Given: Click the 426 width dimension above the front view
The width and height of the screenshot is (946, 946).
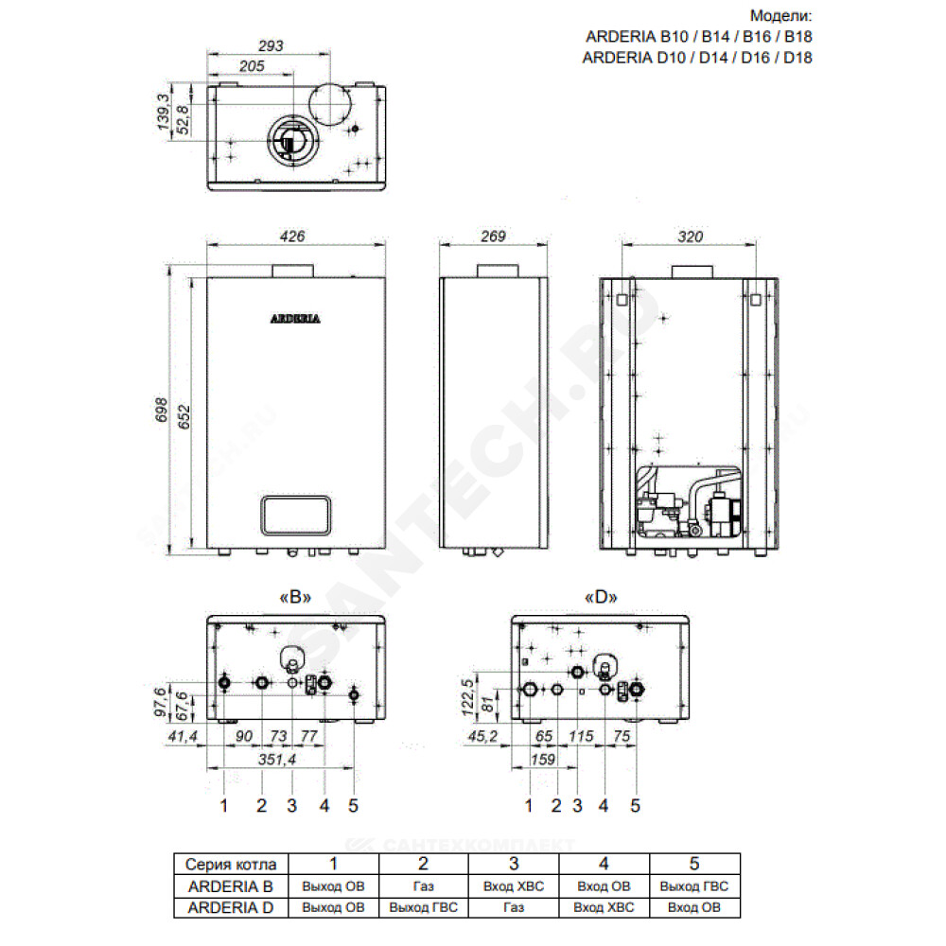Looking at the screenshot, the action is point(292,236).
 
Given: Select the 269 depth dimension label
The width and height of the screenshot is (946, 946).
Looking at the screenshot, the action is point(493,236).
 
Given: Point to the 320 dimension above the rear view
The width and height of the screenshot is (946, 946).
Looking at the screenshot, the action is point(690,236).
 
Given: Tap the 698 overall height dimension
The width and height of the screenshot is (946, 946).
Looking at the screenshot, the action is point(161,410).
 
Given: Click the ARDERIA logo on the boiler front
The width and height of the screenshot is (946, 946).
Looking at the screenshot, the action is point(295,319).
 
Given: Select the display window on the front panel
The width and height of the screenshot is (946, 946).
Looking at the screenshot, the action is point(295,516).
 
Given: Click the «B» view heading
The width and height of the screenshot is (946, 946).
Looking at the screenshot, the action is point(295,597).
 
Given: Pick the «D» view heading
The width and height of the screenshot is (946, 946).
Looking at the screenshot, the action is point(601,597).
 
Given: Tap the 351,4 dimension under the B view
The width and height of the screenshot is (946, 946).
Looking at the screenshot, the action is point(277,759).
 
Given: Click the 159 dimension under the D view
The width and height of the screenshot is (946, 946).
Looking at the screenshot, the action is point(543,759).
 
